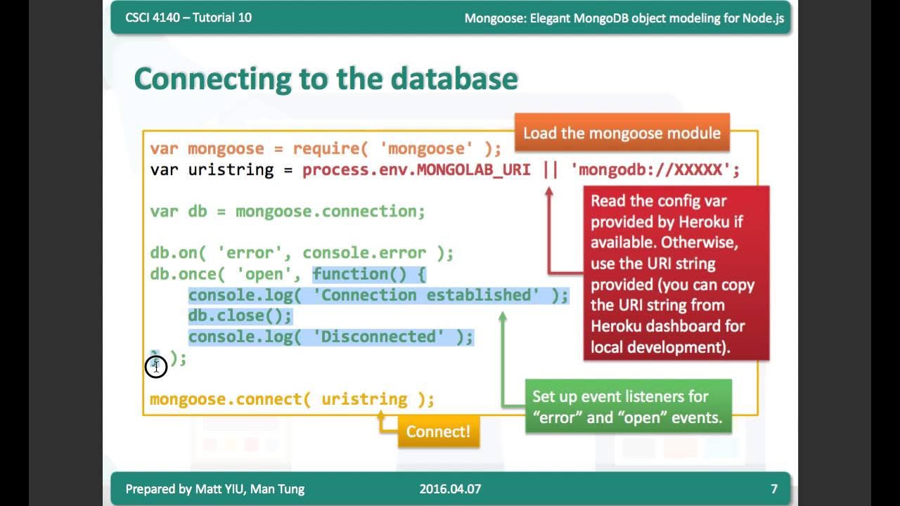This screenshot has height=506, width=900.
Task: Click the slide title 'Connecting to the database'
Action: (x=326, y=78)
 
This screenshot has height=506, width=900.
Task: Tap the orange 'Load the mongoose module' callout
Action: (x=622, y=133)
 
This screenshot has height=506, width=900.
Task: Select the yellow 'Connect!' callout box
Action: (x=438, y=431)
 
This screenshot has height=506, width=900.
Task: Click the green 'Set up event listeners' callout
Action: (x=627, y=406)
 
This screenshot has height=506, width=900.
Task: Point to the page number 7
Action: (x=773, y=488)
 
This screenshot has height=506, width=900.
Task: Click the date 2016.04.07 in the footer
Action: (x=450, y=488)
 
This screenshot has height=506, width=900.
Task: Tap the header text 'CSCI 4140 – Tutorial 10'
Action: (x=188, y=18)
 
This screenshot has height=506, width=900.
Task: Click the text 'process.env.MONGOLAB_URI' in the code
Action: (x=416, y=170)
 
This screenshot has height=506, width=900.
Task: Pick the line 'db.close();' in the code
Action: (x=240, y=316)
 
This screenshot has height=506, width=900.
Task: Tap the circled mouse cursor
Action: (x=156, y=366)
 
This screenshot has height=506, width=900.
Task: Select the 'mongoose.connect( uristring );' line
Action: (x=292, y=399)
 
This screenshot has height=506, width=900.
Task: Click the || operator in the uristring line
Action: (x=550, y=170)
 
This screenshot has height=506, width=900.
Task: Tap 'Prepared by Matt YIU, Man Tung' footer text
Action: (x=214, y=488)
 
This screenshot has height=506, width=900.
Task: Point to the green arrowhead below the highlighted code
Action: (x=502, y=317)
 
